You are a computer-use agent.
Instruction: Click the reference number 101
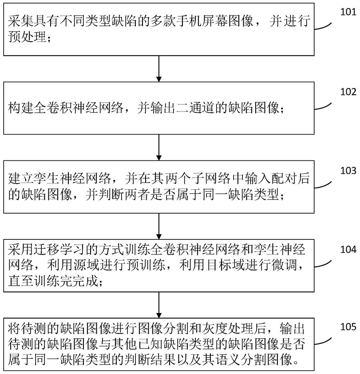pos(348,12)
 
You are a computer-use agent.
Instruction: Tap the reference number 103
pos(348,171)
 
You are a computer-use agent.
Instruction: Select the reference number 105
pos(348,326)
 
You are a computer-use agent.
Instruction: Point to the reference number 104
pos(348,249)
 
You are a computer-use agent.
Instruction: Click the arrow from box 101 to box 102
pos(159,69)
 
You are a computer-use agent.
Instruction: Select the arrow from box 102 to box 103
pos(159,147)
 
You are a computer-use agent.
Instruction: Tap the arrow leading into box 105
pos(159,305)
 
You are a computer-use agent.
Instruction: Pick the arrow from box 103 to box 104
pos(159,226)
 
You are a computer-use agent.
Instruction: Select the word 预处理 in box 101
pos(28,37)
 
